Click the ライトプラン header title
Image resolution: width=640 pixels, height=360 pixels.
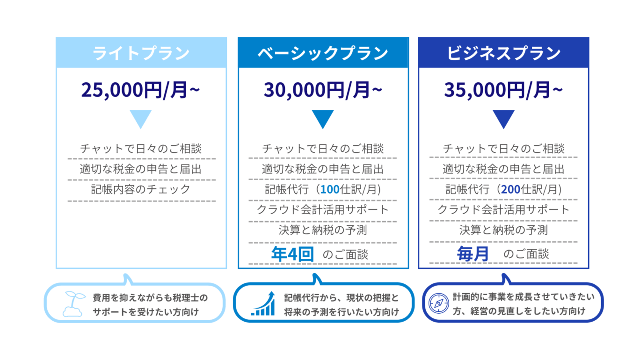(x=141, y=53)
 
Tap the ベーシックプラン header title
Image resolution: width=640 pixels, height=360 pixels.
(x=323, y=53)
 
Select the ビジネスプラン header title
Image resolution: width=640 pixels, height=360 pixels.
(x=503, y=53)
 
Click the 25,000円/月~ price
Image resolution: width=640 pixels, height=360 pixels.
(x=140, y=90)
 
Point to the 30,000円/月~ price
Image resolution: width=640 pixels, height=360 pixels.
(x=323, y=90)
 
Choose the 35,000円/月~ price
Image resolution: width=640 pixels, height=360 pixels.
(x=503, y=90)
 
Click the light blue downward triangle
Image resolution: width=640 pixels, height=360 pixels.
(x=140, y=118)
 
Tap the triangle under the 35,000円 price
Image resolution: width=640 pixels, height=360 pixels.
(x=503, y=118)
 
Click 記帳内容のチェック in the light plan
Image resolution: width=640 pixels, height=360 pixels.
(x=140, y=189)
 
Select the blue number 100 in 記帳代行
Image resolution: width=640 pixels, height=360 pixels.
(x=330, y=189)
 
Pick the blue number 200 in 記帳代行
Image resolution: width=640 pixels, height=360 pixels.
(x=510, y=189)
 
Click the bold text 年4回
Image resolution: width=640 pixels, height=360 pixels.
(x=292, y=254)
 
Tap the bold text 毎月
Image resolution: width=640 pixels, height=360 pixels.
(x=473, y=254)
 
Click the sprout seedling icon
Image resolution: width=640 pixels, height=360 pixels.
(x=74, y=304)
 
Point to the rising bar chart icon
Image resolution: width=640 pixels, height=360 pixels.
(x=263, y=304)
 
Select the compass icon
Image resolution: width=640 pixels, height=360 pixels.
(x=439, y=303)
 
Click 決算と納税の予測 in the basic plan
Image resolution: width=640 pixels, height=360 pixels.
(x=323, y=230)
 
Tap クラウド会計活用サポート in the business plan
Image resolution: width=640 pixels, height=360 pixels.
(x=503, y=210)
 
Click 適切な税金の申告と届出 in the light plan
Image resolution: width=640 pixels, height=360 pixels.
(x=140, y=169)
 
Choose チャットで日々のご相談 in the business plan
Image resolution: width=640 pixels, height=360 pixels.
(x=503, y=149)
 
